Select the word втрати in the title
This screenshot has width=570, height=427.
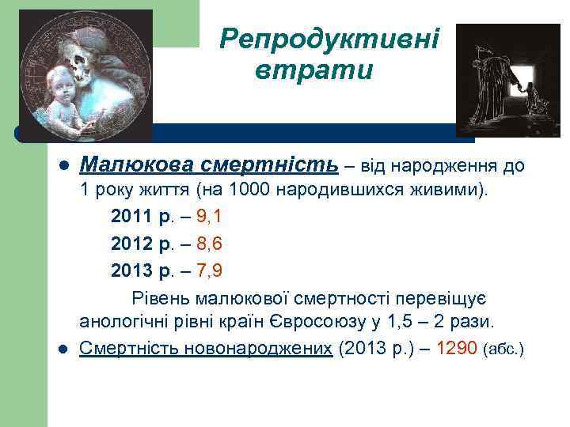point(313,70)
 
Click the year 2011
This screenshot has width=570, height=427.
point(128,216)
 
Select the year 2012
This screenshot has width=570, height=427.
point(128,244)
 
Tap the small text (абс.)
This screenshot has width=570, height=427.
point(503,350)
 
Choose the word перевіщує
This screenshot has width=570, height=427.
point(447,297)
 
